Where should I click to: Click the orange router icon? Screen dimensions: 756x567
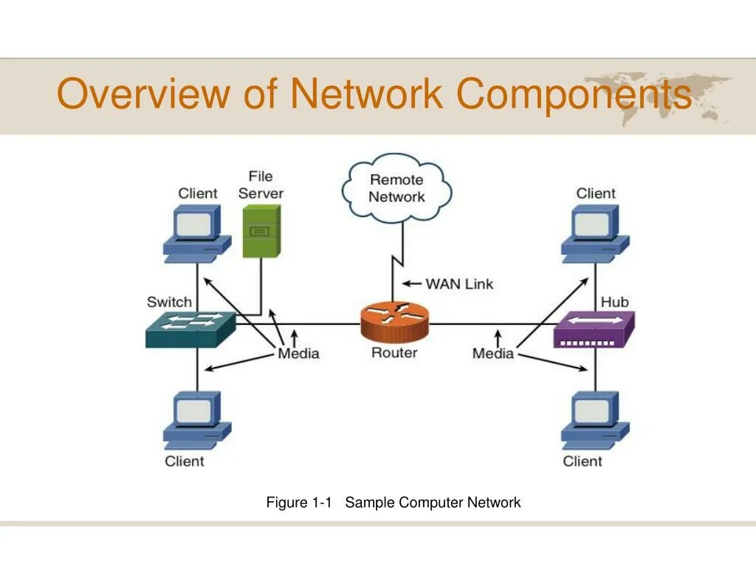click(x=394, y=322)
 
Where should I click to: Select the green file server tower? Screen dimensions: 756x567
click(x=261, y=231)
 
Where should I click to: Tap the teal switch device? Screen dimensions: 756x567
click(x=191, y=329)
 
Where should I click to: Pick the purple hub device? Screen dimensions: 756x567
click(x=594, y=329)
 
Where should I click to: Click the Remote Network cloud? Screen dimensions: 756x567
click(x=396, y=188)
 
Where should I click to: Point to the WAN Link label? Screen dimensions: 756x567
click(x=459, y=284)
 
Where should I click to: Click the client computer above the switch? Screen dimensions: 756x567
click(x=196, y=233)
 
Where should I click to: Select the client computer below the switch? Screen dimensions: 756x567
click(x=196, y=420)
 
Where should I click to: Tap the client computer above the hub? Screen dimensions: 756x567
click(x=595, y=233)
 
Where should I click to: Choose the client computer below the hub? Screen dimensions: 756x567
click(x=595, y=420)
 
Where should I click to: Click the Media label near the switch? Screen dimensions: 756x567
click(x=298, y=354)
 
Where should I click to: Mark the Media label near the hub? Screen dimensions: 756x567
click(x=492, y=354)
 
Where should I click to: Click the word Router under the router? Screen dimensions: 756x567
click(x=394, y=352)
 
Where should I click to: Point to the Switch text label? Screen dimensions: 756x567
click(x=169, y=302)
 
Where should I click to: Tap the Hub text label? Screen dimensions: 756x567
click(x=615, y=302)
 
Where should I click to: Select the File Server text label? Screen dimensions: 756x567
click(x=261, y=185)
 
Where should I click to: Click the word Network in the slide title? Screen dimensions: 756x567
click(x=367, y=93)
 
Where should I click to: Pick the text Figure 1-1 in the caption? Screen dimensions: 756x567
click(x=299, y=502)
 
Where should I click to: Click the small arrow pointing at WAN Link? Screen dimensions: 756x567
click(x=412, y=283)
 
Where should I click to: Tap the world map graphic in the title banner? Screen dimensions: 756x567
click(x=657, y=97)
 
